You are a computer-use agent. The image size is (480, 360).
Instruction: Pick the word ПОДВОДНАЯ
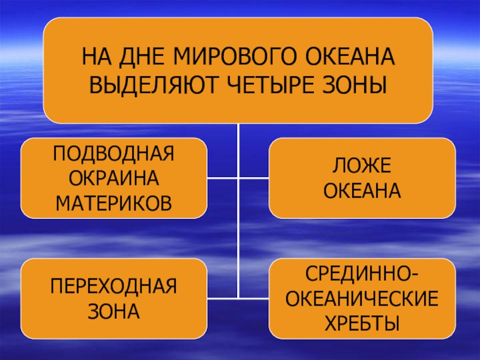[x=114, y=154]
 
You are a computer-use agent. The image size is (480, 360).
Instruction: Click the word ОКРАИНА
[x=114, y=178]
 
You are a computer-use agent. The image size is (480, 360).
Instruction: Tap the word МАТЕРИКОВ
[x=114, y=202]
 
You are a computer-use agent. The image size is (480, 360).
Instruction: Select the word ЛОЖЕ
[x=362, y=166]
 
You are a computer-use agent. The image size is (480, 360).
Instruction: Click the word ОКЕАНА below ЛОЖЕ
[x=362, y=190]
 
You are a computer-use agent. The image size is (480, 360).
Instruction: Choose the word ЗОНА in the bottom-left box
[x=114, y=310]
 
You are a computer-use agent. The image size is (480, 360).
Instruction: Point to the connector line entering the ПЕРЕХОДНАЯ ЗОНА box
[x=223, y=297]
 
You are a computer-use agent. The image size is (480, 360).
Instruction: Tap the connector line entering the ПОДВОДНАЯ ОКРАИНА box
[x=223, y=178]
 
